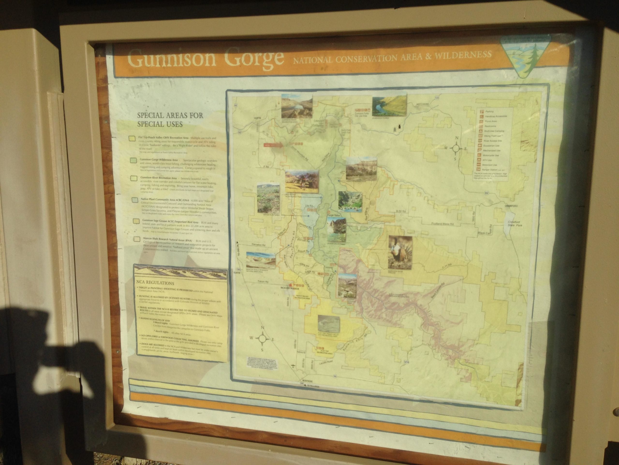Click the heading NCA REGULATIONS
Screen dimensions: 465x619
point(155,283)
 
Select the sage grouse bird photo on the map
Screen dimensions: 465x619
point(400,252)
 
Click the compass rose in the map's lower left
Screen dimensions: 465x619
point(262,338)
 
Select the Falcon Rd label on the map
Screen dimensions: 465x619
point(262,281)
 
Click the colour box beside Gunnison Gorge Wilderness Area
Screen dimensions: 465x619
point(133,160)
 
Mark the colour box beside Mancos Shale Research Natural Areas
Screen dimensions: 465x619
point(137,239)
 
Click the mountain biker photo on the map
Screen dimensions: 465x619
point(302,181)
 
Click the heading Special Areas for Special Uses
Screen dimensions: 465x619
point(170,120)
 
